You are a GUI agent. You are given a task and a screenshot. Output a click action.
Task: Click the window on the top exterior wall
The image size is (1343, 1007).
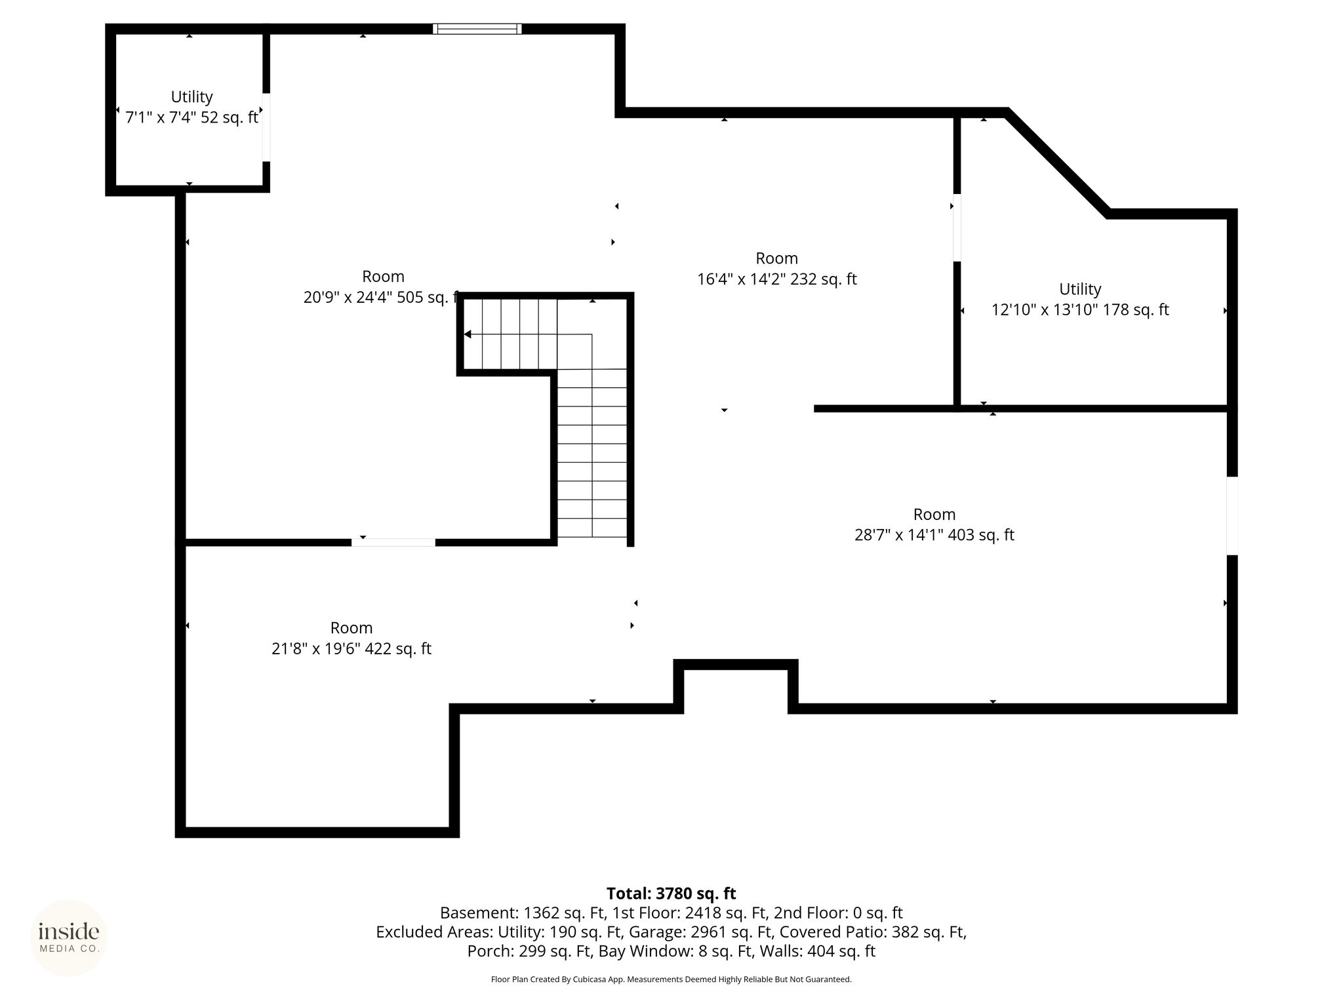point(477,29)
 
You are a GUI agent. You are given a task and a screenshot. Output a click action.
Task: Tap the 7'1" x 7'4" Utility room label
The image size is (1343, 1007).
point(191,96)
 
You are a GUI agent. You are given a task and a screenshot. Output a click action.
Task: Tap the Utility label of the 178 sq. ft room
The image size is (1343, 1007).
point(1080,289)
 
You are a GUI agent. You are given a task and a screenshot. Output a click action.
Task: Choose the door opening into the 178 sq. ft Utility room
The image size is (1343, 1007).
point(957,227)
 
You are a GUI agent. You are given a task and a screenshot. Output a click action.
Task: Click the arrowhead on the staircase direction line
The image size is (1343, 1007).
point(468,334)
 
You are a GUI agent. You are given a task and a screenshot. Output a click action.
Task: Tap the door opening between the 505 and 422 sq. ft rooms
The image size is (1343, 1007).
point(393,542)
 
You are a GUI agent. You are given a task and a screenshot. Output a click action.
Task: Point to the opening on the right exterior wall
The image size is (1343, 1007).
point(1232,516)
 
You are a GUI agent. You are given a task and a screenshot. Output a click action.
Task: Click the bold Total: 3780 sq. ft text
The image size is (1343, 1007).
point(671,894)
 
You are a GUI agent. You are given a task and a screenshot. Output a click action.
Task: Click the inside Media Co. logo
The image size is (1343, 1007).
point(69,938)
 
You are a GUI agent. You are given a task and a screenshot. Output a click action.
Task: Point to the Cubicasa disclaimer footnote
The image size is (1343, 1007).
point(671,979)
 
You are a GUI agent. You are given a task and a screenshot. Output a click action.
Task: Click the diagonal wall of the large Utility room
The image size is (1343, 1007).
point(1057,163)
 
